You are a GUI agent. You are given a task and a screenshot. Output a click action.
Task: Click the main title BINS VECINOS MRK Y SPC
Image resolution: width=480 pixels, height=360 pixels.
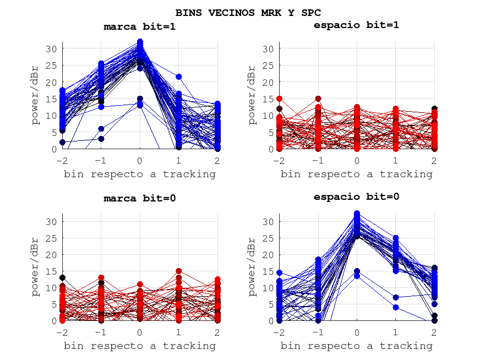coord(248,12)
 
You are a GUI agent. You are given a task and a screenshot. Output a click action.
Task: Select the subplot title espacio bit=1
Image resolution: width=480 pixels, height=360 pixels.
coord(356,25)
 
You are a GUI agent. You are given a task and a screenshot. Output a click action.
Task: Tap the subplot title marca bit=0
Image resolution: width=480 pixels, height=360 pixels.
coord(140,199)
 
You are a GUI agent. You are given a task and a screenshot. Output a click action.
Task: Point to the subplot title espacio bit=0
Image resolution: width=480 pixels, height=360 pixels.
coord(356,197)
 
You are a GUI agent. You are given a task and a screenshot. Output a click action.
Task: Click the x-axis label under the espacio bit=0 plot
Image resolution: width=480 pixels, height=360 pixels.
coord(356,346)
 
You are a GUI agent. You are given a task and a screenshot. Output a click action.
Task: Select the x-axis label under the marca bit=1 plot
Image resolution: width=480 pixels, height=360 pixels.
coord(140,174)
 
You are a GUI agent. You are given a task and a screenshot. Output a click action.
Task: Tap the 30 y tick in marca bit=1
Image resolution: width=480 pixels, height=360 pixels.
coord(51,48)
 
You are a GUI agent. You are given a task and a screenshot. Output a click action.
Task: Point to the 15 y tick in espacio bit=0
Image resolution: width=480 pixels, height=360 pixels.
coord(268,271)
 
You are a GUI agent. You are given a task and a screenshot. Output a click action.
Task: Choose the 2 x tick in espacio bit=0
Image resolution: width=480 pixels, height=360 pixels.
coord(434,332)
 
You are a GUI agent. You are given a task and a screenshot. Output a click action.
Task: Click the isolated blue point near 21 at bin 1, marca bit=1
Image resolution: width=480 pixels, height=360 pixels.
coord(179,77)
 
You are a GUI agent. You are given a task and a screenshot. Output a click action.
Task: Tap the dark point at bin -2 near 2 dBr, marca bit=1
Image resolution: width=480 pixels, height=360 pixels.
coord(62,142)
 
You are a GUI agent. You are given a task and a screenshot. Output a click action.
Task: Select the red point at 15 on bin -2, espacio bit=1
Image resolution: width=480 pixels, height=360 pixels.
coord(279,99)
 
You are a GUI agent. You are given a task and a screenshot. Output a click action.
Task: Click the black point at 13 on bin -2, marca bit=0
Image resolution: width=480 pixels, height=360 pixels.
coord(62,277)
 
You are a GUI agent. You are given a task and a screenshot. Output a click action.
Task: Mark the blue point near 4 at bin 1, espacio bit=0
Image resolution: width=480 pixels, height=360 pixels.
coord(395,307)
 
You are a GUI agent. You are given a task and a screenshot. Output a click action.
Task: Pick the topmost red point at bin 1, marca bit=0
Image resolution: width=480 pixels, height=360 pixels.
coord(179,271)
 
